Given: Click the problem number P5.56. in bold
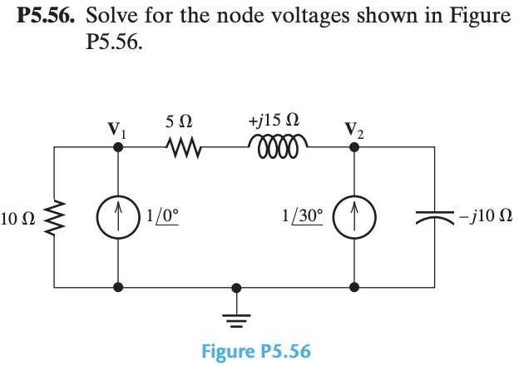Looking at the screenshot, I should click(47, 17).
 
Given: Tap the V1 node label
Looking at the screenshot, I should click(117, 131).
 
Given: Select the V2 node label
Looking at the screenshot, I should click(353, 131).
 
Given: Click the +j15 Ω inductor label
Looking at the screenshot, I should click(274, 121).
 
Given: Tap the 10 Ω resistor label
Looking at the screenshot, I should click(17, 220).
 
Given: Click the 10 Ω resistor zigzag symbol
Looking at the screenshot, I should click(55, 218).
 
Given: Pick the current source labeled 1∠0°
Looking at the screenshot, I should click(119, 218).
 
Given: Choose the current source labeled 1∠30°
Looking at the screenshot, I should click(354, 218).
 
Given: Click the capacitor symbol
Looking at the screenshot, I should click(433, 218).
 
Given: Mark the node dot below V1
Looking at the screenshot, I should click(119, 146).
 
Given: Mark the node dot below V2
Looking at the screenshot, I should click(354, 146).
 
